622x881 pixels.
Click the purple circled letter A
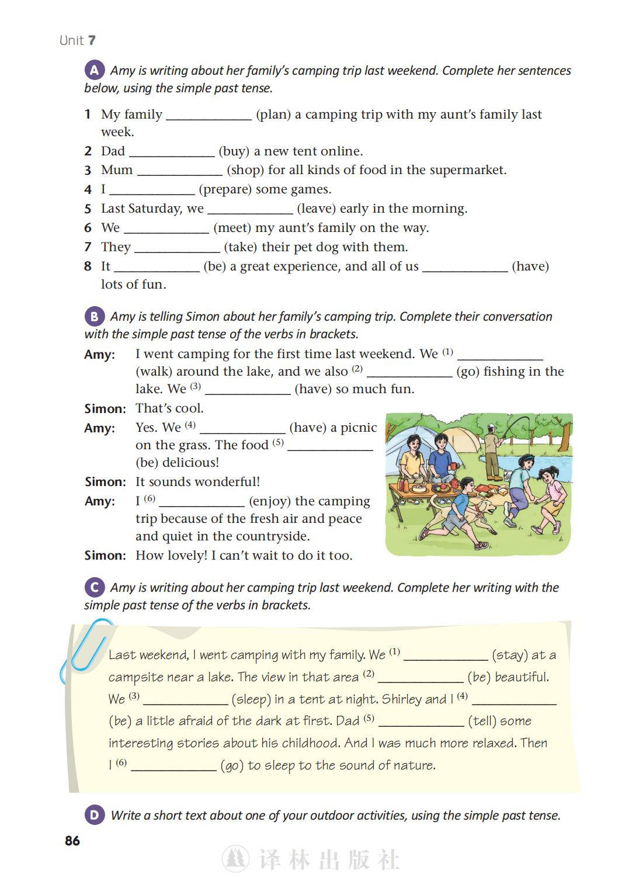coord(94,70)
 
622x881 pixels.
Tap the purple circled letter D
coord(94,814)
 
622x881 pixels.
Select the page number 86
coord(72,841)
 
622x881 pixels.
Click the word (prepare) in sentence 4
coord(224,189)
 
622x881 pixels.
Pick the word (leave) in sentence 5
coord(316,209)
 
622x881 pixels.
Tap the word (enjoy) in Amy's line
coord(269,501)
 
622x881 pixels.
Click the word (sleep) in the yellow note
coord(251,699)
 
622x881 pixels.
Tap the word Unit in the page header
coord(71,40)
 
